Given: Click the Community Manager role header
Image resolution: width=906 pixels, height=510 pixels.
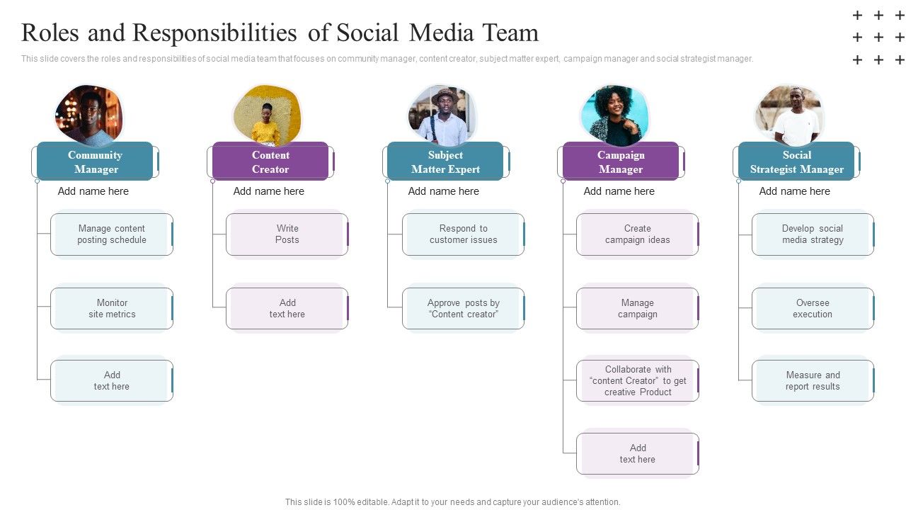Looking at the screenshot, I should (95, 161).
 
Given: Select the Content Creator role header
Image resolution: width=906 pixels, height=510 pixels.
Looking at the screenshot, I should (270, 161).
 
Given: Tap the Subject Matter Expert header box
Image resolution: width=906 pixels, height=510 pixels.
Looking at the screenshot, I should (445, 161).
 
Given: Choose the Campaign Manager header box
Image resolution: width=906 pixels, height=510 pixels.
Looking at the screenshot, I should (621, 161).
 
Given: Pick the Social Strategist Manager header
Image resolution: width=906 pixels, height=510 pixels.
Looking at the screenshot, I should (796, 161).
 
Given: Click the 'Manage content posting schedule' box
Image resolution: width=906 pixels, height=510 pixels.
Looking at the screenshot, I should (112, 234).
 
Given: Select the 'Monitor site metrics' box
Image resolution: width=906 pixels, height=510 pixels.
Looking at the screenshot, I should (112, 309).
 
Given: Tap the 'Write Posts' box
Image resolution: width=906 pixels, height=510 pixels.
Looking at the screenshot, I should (287, 234).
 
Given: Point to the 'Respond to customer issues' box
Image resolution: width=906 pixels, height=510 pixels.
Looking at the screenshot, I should (463, 234).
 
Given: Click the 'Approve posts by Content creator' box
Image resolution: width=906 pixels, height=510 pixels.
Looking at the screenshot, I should (463, 309).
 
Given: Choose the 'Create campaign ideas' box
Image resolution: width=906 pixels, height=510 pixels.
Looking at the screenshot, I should (637, 234).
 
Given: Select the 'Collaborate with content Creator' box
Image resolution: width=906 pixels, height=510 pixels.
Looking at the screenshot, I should (637, 381).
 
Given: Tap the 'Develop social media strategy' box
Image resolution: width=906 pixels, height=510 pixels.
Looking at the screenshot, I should (813, 234).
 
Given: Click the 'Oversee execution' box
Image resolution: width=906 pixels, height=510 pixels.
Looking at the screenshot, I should (813, 309).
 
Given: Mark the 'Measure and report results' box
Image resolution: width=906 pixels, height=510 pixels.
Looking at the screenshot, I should (813, 381).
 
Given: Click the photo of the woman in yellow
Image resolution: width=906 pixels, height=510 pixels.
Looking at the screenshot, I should (267, 115).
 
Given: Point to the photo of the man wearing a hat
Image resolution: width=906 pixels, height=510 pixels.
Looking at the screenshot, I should (442, 115).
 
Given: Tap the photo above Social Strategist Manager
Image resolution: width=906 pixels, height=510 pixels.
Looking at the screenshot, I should (790, 115).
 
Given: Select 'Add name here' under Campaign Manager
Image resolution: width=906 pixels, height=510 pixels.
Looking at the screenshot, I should (619, 191).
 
